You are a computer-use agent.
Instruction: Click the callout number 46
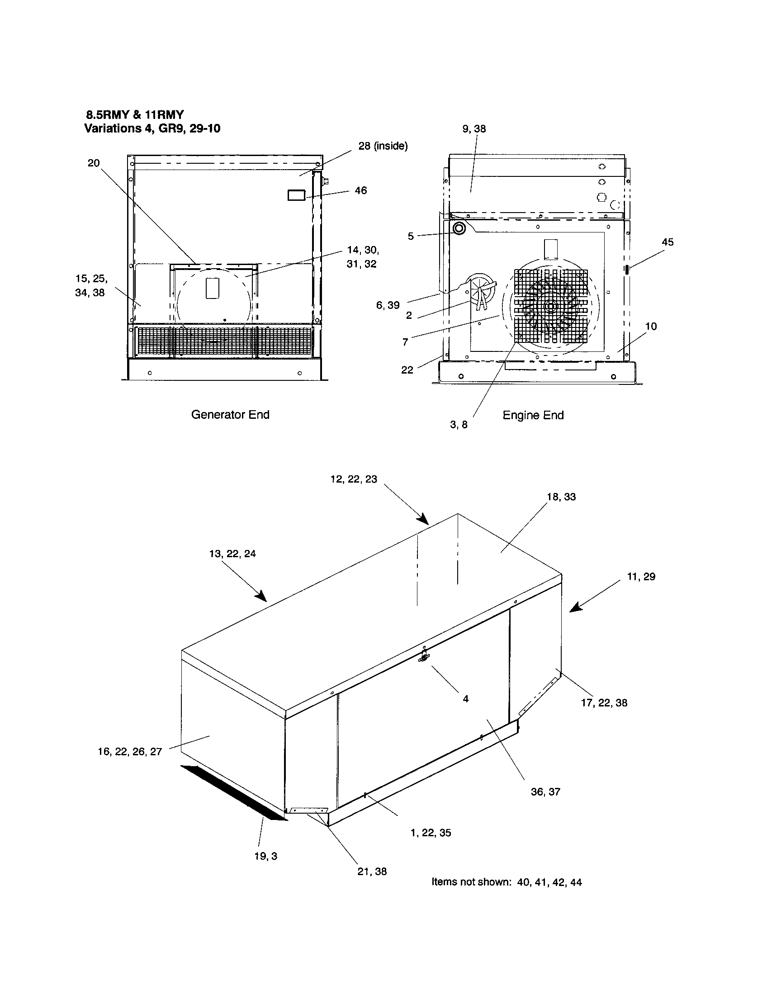(360, 191)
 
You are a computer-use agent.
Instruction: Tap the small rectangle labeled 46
(296, 195)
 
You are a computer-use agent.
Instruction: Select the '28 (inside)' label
(383, 146)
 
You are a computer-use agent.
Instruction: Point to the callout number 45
(667, 242)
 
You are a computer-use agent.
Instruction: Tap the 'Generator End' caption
(230, 415)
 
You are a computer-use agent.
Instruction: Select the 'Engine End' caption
(533, 415)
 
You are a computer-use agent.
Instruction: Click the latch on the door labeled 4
(424, 658)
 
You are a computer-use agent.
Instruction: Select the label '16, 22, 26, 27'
(130, 752)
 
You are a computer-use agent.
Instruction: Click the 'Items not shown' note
(506, 882)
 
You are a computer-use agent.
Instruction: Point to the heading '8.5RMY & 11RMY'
(135, 115)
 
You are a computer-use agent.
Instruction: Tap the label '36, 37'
(545, 792)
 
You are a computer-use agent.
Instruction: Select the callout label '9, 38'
(474, 129)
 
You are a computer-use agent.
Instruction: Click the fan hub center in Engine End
(550, 307)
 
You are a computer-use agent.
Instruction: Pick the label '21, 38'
(372, 872)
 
